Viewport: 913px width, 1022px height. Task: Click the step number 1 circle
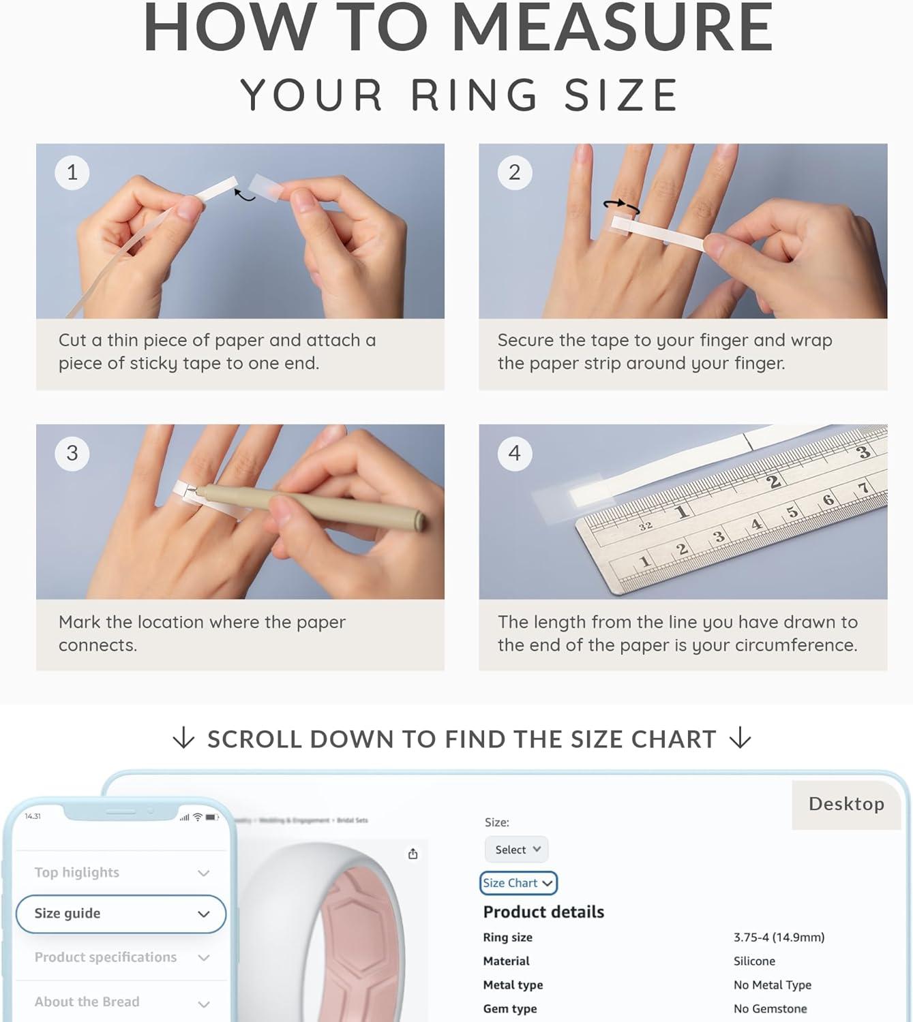pos(72,172)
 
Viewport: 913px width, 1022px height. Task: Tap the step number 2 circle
pos(515,172)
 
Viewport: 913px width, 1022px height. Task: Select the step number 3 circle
pos(72,453)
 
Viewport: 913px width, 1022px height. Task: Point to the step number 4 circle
pos(515,453)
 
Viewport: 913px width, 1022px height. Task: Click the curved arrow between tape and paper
pos(244,196)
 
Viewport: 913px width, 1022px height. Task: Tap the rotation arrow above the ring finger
pos(622,206)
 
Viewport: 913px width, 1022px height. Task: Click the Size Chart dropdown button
pos(518,883)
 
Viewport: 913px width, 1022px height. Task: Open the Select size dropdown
pos(517,850)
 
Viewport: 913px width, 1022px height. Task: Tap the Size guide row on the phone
pos(121,914)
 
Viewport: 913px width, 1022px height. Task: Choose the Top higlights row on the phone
pos(121,873)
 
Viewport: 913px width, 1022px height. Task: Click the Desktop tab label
pos(846,804)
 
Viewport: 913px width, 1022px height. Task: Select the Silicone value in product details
pos(754,961)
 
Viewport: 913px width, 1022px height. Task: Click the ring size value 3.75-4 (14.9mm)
pos(779,938)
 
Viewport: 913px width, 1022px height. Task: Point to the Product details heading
pos(543,912)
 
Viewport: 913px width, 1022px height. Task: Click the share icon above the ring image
pos(413,854)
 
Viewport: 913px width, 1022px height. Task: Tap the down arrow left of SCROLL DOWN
pos(183,739)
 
